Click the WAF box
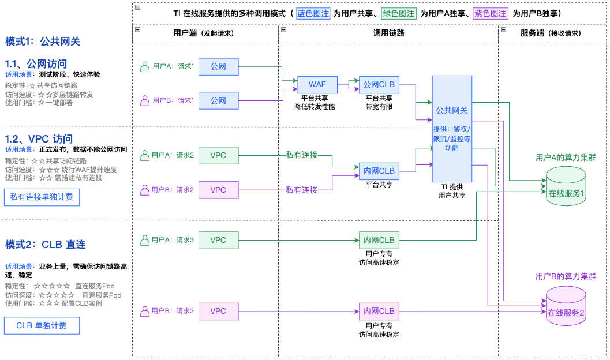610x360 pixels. click(x=317, y=85)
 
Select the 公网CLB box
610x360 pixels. click(x=379, y=85)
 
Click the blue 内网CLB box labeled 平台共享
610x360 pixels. click(x=379, y=171)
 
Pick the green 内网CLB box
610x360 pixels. click(x=379, y=240)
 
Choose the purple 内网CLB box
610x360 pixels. click(x=379, y=312)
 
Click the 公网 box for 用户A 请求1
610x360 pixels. click(x=218, y=67)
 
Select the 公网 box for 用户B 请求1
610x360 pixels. click(x=218, y=100)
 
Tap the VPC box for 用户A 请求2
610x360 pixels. click(x=218, y=156)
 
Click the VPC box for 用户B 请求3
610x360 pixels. click(x=218, y=312)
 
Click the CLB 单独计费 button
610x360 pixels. click(x=42, y=325)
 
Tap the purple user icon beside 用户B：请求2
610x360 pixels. click(x=145, y=189)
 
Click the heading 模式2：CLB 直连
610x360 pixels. click(x=46, y=245)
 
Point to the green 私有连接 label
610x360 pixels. click(x=302, y=155)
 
